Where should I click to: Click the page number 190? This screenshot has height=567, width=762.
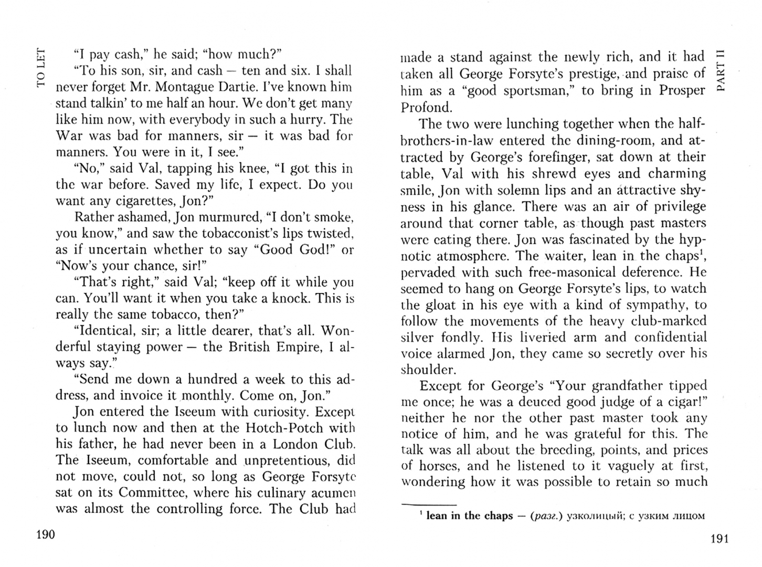pos(45,535)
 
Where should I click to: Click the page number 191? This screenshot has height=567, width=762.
pos(719,539)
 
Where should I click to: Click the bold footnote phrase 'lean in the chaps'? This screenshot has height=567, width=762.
pos(469,516)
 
